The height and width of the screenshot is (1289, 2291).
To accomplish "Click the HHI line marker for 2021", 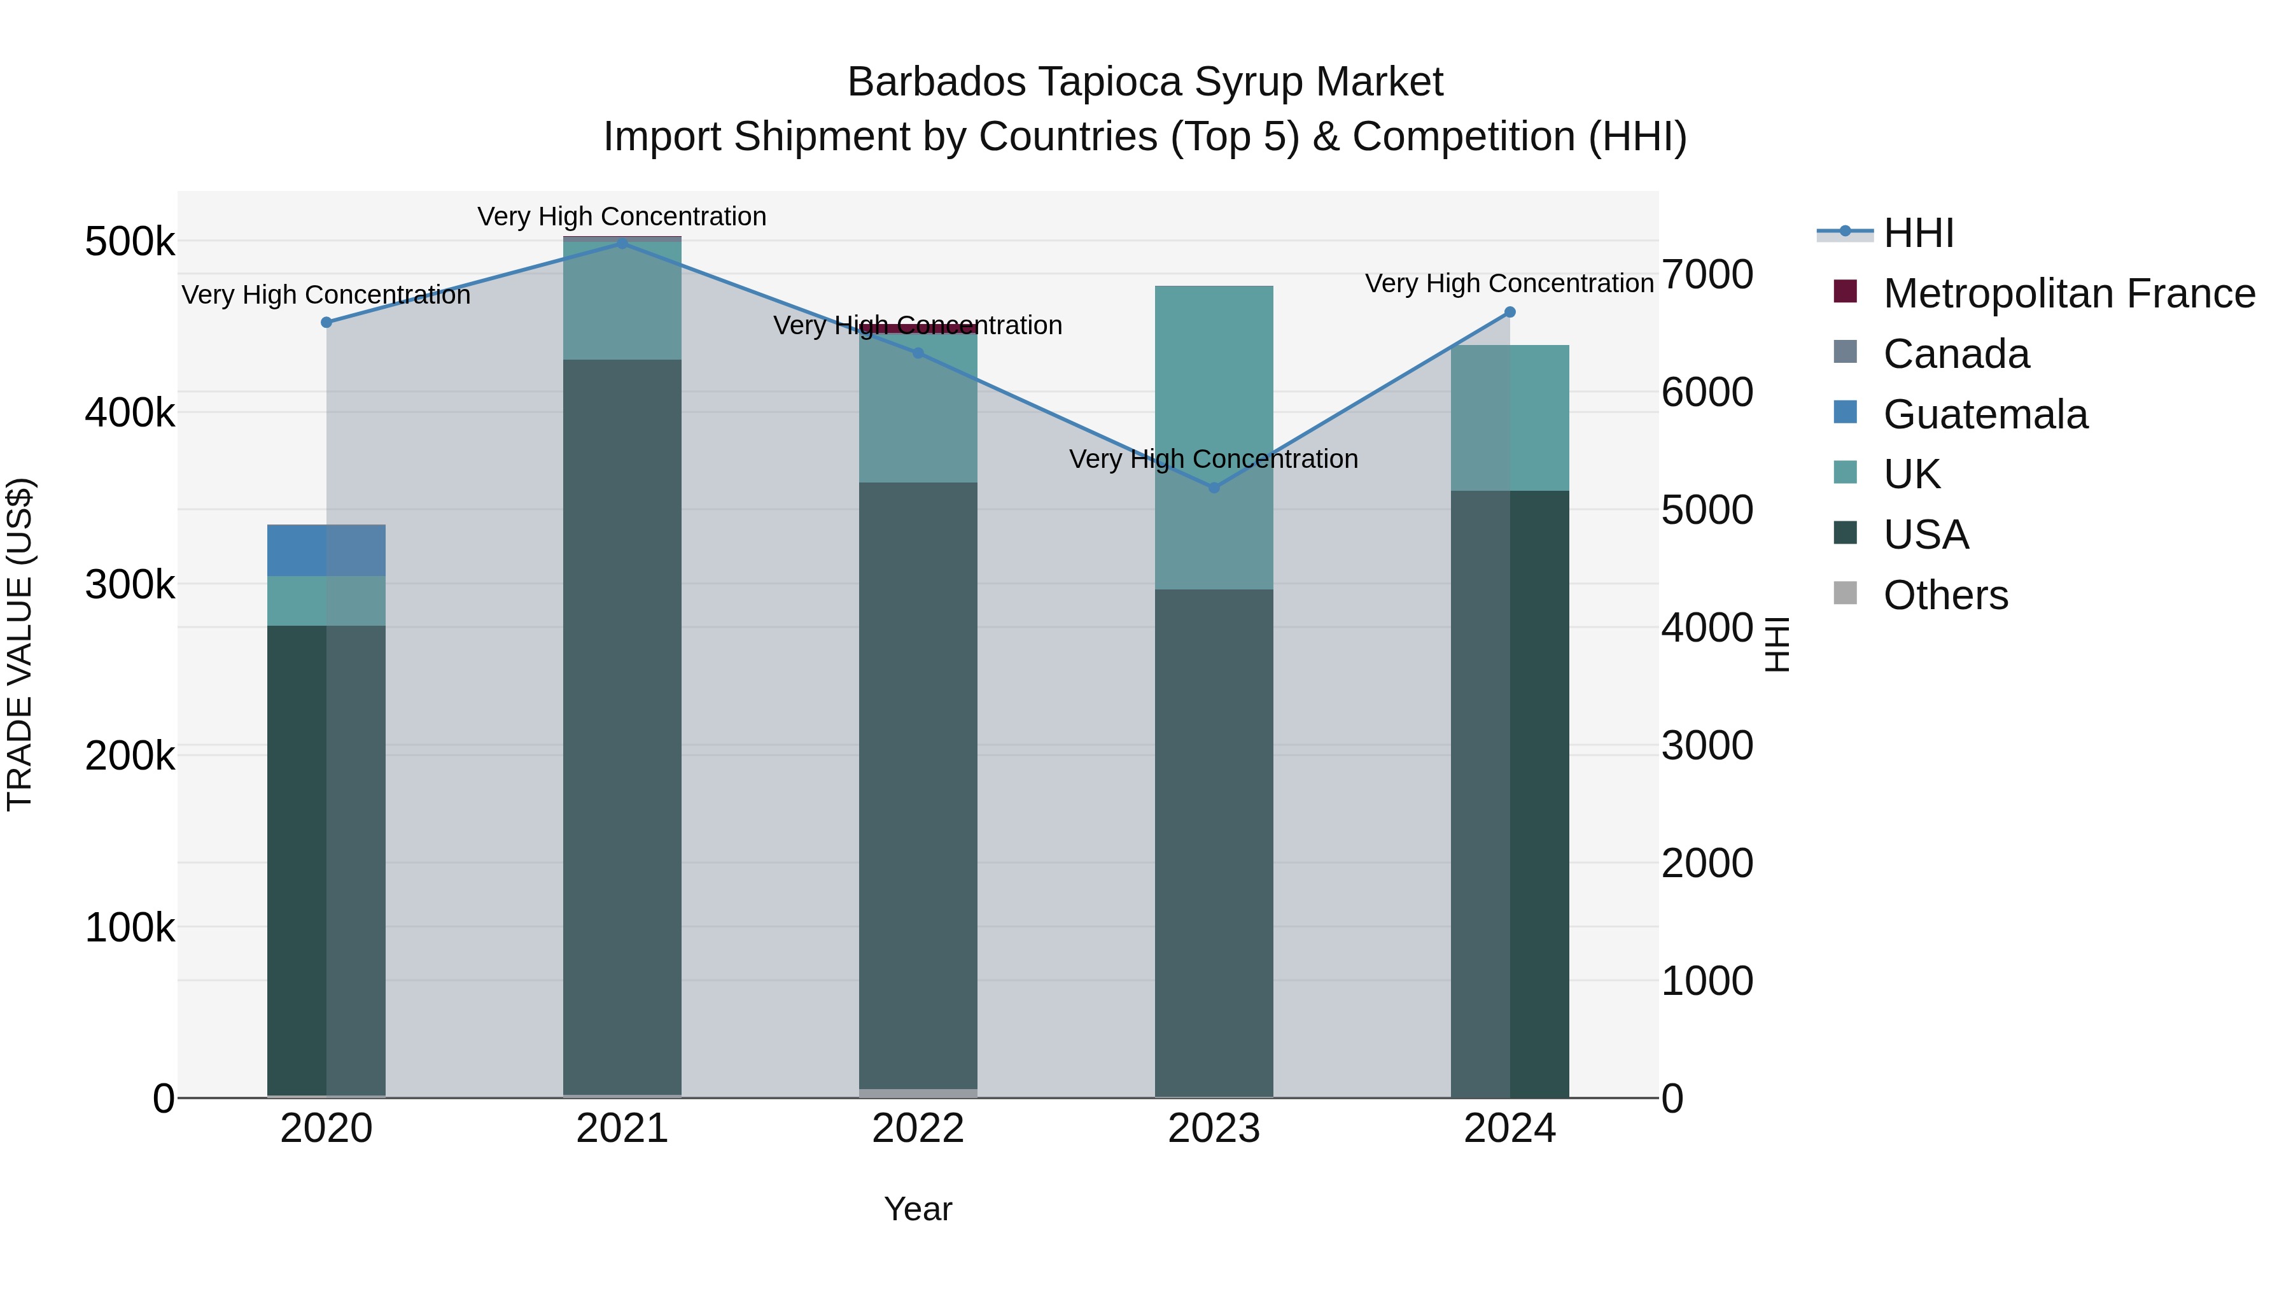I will [x=622, y=243].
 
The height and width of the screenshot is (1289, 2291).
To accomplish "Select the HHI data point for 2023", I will [x=1214, y=488].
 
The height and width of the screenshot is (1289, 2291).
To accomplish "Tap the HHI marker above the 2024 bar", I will [x=1510, y=313].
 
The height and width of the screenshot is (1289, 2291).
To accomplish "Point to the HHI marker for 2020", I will [x=326, y=322].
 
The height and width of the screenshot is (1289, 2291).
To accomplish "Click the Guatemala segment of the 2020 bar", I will [x=326, y=550].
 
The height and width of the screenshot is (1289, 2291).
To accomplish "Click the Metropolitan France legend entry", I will [x=2069, y=293].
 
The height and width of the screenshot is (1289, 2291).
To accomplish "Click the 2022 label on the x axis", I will [x=918, y=1129].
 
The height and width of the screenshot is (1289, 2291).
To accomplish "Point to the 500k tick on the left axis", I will [x=130, y=242].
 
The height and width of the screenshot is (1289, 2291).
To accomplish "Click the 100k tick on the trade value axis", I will [x=130, y=928].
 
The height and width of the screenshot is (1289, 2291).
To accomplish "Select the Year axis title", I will [x=918, y=1209].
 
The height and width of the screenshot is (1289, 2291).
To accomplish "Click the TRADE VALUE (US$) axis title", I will [x=20, y=644].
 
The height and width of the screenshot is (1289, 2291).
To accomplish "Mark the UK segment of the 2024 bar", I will [x=1510, y=418].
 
